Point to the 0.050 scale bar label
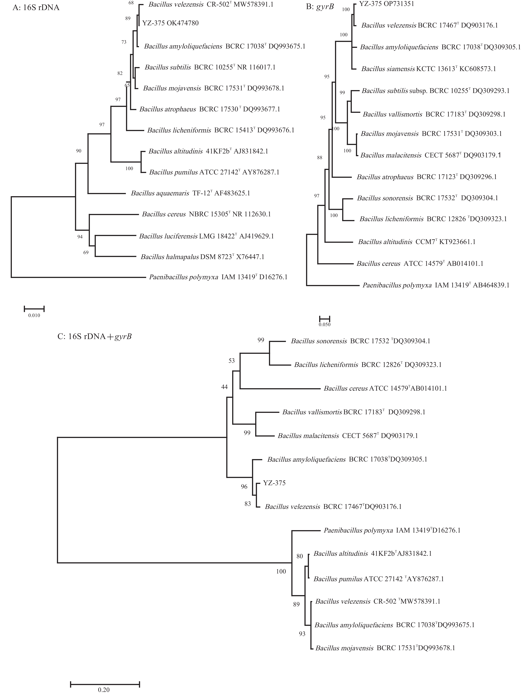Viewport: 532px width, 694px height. point(325,325)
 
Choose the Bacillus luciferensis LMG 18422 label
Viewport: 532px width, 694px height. point(206,236)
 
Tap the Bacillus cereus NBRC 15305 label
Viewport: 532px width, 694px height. point(206,214)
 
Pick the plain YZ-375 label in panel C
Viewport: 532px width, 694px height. point(274,483)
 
